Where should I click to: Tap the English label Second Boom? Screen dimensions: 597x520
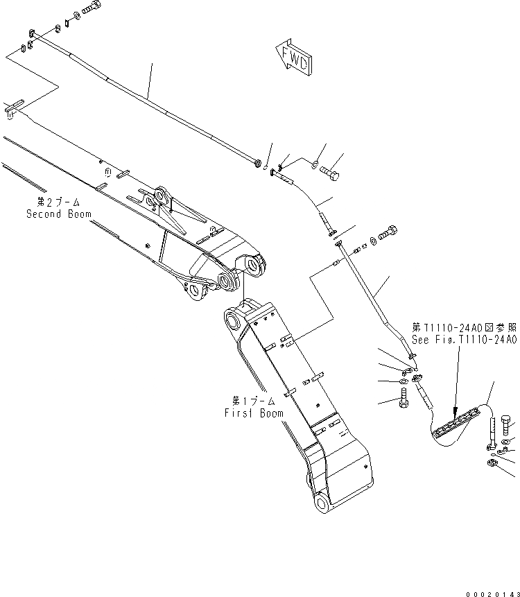59,214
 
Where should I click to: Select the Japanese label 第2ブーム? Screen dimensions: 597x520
59,202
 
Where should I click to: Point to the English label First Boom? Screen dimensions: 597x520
253,413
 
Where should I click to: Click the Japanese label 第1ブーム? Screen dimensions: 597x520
253,401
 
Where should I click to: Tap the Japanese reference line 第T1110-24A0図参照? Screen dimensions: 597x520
465,327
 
